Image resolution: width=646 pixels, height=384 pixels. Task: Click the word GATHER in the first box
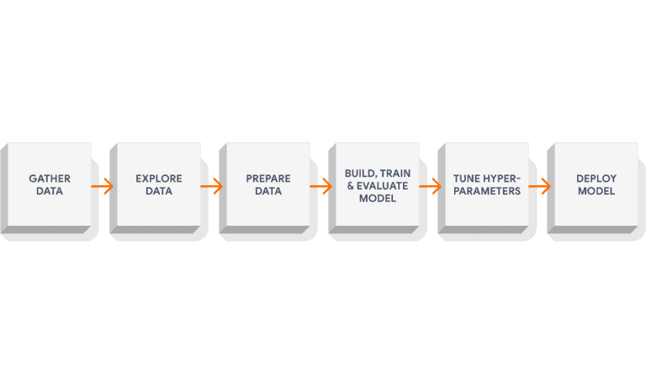pos(50,179)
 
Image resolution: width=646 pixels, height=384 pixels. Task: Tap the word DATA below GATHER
pos(50,191)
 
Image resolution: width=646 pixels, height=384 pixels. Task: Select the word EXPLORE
pos(159,179)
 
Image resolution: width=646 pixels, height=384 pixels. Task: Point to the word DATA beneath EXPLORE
pos(159,191)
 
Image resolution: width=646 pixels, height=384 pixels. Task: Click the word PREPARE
pos(268,179)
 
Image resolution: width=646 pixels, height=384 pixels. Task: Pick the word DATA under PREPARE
pos(268,191)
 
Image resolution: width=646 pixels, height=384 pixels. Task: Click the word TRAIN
pos(394,173)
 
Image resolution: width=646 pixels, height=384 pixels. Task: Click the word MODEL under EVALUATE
pos(378,198)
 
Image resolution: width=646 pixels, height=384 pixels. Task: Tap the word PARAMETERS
pos(486,191)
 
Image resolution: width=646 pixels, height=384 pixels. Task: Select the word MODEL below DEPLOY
pos(596,191)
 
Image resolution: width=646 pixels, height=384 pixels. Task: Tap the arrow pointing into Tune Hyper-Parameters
pos(431,186)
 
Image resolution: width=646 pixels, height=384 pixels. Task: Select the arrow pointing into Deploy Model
pos(540,186)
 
